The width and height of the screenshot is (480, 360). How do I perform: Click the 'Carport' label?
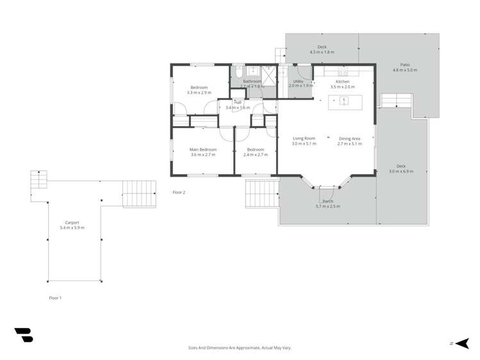point(72,223)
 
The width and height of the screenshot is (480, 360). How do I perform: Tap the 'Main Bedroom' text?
point(203,149)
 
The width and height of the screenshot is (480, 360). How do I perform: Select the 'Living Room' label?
point(304,138)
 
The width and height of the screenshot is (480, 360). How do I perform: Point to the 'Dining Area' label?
point(349,138)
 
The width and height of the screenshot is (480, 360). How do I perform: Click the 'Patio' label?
point(404,65)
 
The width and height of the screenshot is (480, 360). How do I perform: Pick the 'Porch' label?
point(327,201)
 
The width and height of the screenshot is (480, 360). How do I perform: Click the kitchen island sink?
point(344,101)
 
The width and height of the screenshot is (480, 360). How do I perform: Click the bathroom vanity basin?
point(253,71)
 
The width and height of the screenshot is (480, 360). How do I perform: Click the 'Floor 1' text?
point(55,298)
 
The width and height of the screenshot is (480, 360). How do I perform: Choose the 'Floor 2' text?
point(179,192)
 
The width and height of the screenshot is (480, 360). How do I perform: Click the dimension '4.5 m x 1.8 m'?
point(322,52)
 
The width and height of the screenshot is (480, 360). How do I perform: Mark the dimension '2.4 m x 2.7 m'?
point(255,154)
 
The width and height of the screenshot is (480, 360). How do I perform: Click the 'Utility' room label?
point(298,81)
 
